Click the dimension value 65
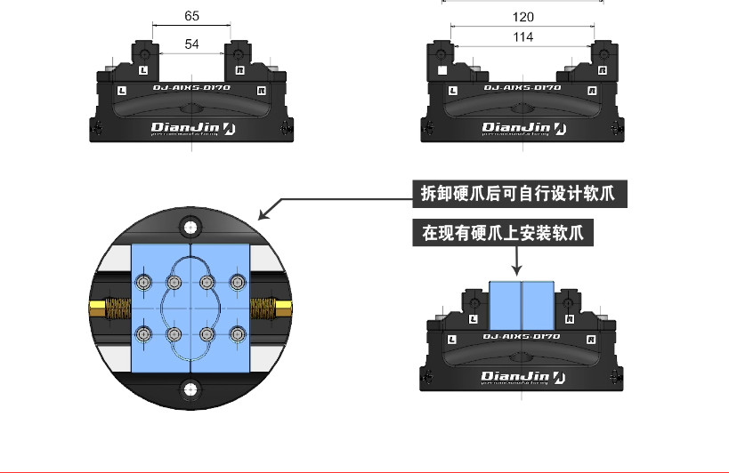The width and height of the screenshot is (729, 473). click(x=192, y=16)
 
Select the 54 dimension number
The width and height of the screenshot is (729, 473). click(x=192, y=44)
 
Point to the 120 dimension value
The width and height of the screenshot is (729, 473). click(x=523, y=17)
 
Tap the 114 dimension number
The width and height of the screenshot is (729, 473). click(x=523, y=37)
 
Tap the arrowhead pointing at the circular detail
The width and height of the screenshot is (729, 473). click(x=263, y=215)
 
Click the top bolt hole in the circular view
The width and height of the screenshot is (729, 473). click(x=190, y=228)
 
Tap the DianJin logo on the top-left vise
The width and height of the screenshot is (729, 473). click(x=192, y=128)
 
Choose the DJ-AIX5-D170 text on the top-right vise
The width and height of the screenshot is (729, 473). click(x=522, y=89)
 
